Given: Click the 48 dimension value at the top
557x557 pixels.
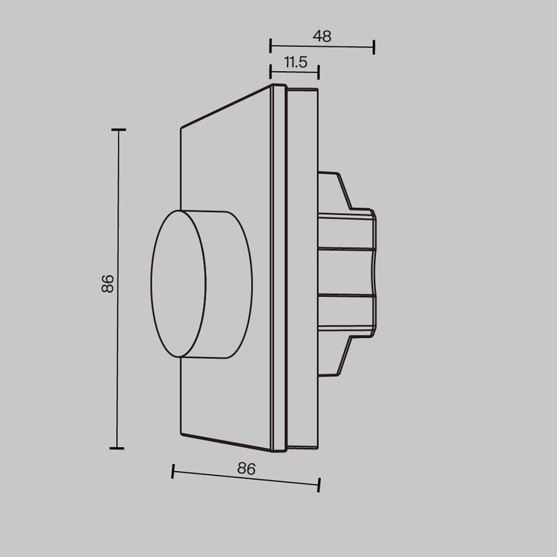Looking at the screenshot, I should pos(322,36).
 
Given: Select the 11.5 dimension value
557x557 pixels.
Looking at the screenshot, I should pos(294,62).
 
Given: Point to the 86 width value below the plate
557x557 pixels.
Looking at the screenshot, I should pos(246,467).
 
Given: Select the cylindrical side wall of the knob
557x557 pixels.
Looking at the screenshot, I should pos(229,283).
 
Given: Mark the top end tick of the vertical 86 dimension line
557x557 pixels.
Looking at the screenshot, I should pos(118,130).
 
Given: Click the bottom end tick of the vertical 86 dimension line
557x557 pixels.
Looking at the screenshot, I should pos(118,447).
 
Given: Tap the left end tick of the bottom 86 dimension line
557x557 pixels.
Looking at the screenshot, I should pos(173,470).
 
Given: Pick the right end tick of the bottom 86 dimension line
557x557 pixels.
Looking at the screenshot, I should pos(319,484).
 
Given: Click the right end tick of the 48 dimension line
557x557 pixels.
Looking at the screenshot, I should pos(374,47).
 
